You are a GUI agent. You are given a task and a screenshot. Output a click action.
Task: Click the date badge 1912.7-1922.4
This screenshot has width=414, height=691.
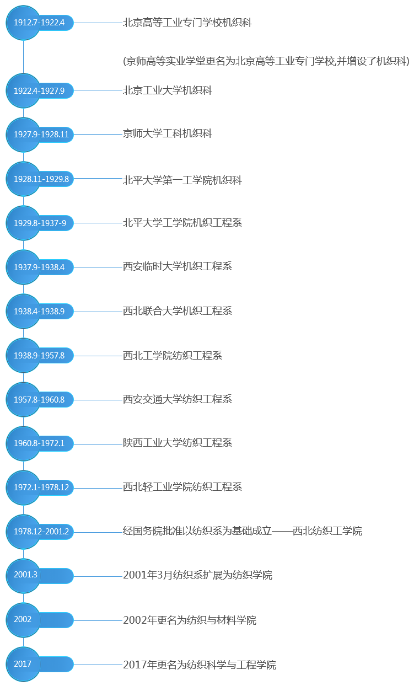tap(40, 23)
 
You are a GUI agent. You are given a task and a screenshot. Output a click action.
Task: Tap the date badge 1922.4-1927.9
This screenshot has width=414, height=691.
tap(40, 90)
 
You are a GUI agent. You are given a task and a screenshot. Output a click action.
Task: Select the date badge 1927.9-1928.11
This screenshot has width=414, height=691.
tap(40, 135)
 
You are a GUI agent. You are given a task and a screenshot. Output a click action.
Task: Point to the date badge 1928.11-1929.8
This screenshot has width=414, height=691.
tap(40, 179)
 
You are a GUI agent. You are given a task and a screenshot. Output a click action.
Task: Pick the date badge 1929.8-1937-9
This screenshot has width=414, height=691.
tap(40, 223)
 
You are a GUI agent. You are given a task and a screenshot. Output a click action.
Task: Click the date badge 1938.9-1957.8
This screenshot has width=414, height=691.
tap(40, 355)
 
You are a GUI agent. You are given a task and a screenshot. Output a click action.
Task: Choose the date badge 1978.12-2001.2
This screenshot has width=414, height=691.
tap(40, 532)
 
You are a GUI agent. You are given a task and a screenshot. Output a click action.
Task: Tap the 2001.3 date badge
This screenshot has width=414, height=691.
tap(40, 576)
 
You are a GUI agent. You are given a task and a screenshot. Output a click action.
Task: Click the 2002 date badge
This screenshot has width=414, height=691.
tap(40, 620)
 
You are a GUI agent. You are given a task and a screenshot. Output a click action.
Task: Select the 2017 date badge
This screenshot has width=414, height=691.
tap(40, 664)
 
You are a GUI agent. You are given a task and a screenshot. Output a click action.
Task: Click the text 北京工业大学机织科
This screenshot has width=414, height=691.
tap(168, 90)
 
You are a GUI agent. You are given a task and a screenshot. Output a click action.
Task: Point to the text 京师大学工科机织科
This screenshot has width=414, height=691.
tap(168, 133)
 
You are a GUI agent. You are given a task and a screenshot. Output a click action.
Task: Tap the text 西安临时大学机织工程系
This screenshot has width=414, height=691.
tap(178, 266)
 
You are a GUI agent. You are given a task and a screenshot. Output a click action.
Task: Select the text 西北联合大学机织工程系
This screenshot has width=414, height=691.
tap(178, 310)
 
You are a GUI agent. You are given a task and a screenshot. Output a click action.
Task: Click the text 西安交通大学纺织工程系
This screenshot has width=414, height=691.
tap(178, 399)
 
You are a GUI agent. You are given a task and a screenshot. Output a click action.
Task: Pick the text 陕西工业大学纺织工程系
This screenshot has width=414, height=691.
tap(178, 443)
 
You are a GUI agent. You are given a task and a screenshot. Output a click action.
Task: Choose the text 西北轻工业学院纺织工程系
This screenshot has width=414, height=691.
tap(182, 487)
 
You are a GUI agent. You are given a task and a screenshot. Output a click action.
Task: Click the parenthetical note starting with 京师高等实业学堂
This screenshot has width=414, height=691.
tap(266, 61)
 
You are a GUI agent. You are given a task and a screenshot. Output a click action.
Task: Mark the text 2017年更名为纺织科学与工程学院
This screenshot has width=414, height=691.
tap(200, 665)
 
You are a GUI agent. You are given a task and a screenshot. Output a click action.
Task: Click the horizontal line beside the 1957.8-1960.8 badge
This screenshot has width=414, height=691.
tap(98, 400)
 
